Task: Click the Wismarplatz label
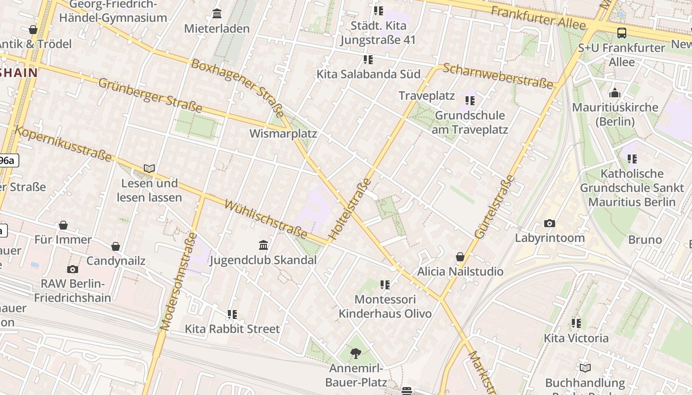283,134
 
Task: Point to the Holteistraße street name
350,209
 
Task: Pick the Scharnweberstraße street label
498,76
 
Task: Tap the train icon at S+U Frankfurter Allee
622,33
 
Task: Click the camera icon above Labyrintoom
549,224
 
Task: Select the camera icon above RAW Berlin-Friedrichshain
73,269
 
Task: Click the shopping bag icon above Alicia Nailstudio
460,257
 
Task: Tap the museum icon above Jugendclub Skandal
263,245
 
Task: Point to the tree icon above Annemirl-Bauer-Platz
355,353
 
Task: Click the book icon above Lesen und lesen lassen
149,168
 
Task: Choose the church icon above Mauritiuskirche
615,93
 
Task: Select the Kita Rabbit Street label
232,329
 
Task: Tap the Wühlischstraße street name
265,219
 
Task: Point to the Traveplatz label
427,96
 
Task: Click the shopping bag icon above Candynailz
116,246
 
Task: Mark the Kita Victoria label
576,338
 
